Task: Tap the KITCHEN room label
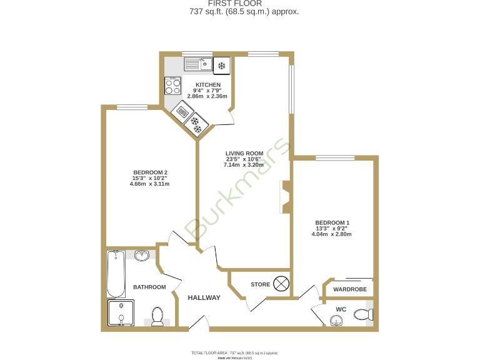pyautogui.click(x=208, y=85)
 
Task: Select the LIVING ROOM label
pyautogui.click(x=244, y=153)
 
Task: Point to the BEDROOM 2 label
pyautogui.click(x=150, y=172)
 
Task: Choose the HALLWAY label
pyautogui.click(x=204, y=298)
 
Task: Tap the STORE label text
pyautogui.click(x=260, y=284)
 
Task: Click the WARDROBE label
pyautogui.click(x=349, y=289)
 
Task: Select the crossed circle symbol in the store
pyautogui.click(x=282, y=284)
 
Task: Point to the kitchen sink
pyautogui.click(x=198, y=64)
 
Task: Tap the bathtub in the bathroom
pyautogui.click(x=116, y=274)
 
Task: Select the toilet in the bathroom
pyautogui.click(x=157, y=316)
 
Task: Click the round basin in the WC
pyautogui.click(x=336, y=321)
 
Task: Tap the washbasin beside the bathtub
pyautogui.click(x=142, y=254)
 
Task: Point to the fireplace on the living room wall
pyautogui.click(x=285, y=197)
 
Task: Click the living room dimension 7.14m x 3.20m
pyautogui.click(x=244, y=165)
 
